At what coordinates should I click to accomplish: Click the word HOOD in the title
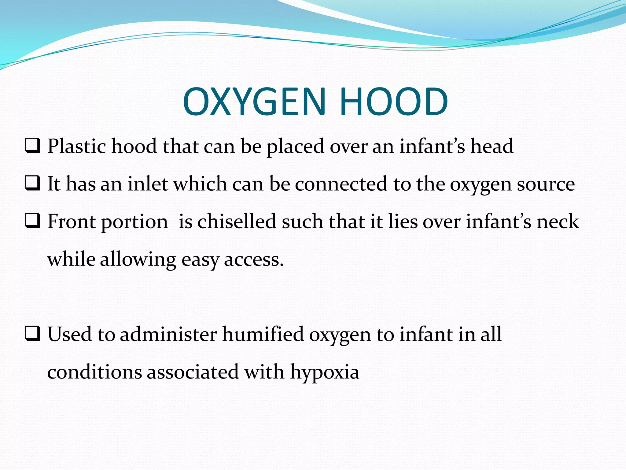394,102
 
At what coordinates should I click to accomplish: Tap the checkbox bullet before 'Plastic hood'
33,146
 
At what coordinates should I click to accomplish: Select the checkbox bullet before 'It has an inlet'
33,184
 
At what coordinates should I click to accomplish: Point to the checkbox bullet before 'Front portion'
33,221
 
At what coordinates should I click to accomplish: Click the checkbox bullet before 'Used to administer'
33,334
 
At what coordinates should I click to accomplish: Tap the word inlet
148,184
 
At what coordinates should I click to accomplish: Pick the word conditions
94,372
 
